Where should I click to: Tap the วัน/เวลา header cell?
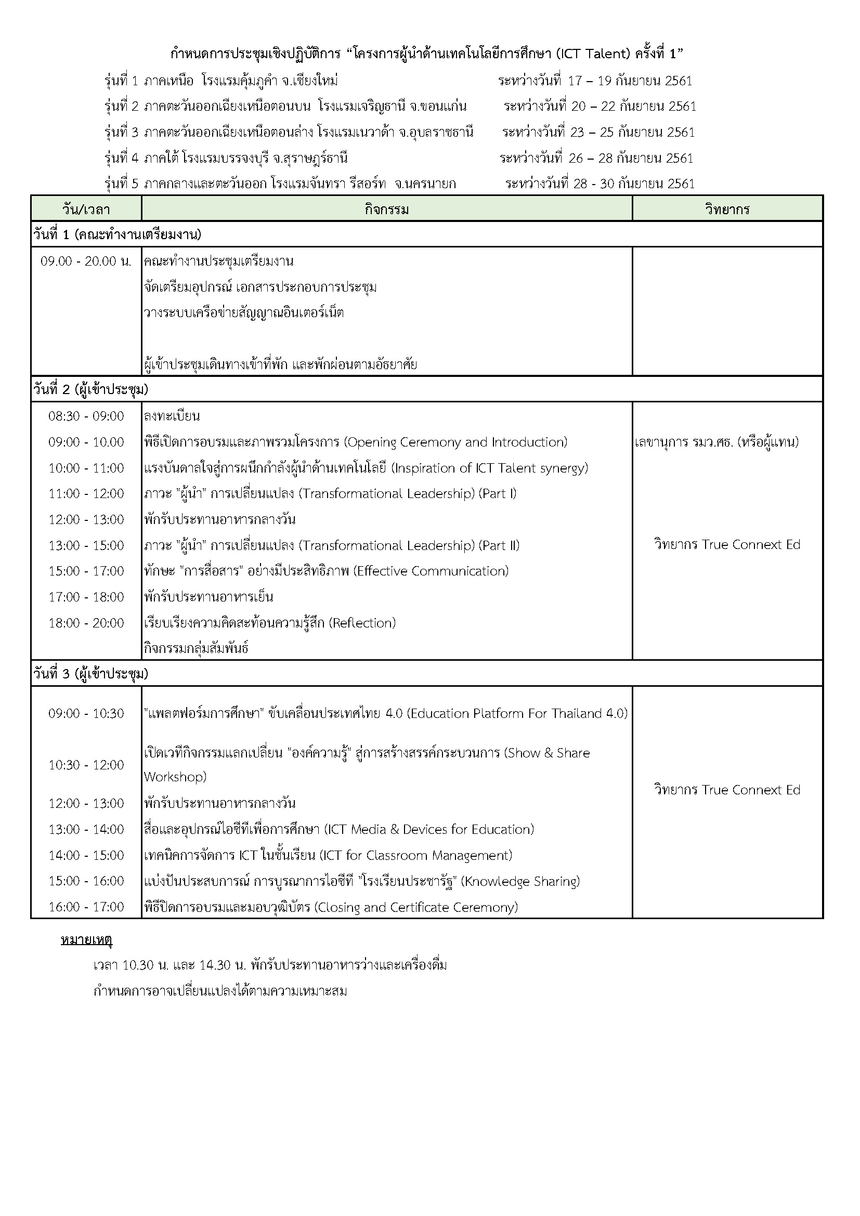(86, 209)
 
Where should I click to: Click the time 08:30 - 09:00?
(86, 416)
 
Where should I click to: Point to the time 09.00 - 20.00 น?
(86, 261)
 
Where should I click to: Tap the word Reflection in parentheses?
(362, 623)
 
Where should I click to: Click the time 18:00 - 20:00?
(86, 623)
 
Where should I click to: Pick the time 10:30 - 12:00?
(86, 765)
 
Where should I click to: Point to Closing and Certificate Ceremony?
(416, 907)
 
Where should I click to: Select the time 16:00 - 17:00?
(86, 907)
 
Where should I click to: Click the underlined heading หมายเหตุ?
(86, 940)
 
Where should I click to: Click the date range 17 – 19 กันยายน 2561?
(630, 81)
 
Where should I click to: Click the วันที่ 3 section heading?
(90, 674)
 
